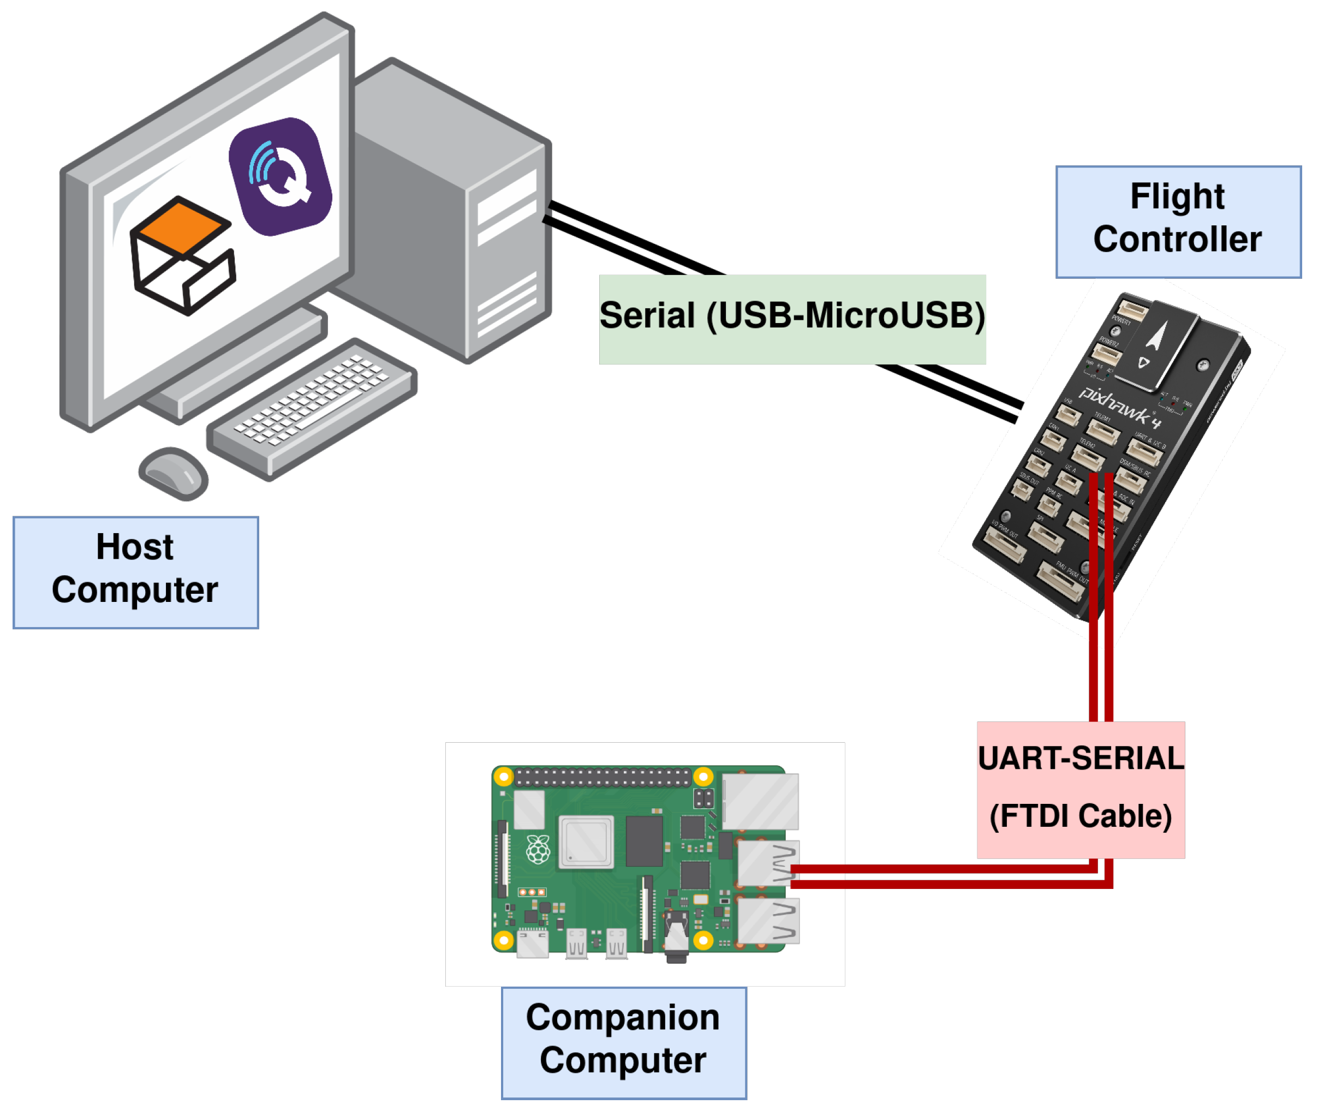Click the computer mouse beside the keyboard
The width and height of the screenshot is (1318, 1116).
173,473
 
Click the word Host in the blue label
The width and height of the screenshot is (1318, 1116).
134,547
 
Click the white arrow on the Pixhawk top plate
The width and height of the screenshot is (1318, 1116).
1155,335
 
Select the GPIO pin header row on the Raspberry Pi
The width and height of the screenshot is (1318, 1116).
602,776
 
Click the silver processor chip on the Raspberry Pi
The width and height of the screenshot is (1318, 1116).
586,842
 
